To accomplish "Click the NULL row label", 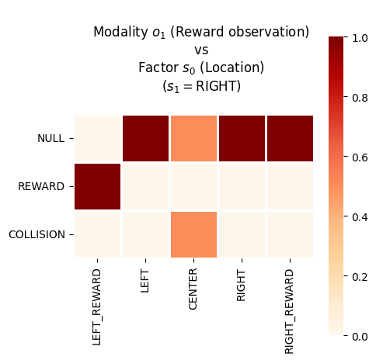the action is [51, 138].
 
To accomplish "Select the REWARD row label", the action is [41, 186].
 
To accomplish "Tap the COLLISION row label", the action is [37, 234].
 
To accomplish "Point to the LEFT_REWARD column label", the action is [96, 307].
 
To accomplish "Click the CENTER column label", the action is [193, 289].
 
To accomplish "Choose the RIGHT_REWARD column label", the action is [289, 312].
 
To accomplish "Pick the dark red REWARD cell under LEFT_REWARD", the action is [98, 186].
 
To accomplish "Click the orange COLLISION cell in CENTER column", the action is [193, 234].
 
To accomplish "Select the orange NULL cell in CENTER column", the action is [193, 138].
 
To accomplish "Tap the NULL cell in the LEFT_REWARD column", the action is [98, 138].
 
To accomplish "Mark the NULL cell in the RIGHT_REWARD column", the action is [290, 138].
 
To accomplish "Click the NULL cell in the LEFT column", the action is [145, 138].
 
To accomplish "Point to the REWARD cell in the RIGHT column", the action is [242, 186].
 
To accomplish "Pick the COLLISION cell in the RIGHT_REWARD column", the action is [290, 234].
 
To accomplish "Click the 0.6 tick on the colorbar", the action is [345, 156].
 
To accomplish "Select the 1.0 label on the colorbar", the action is [360, 38].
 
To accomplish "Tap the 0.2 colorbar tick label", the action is [360, 277].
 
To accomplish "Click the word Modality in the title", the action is [120, 32].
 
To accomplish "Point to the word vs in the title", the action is [201, 50].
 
